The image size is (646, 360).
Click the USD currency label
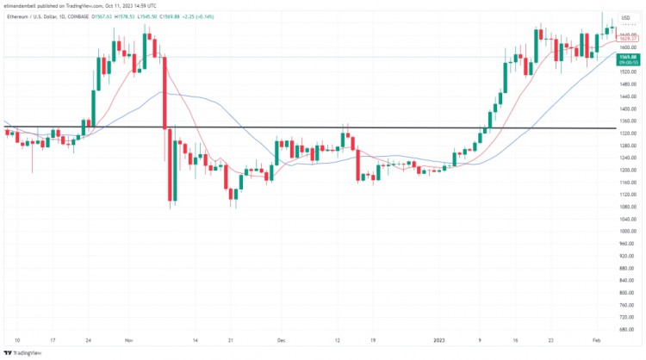coord(625,17)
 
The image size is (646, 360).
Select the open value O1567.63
coord(102,16)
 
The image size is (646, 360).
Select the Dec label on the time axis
coord(282,340)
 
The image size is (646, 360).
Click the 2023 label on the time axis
coord(440,340)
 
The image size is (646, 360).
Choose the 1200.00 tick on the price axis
coord(627,170)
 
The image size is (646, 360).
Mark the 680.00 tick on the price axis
coord(627,329)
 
